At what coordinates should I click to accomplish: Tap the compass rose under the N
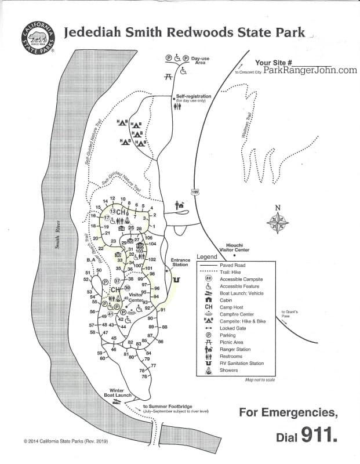[x=278, y=220]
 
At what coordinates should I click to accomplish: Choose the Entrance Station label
[x=180, y=262]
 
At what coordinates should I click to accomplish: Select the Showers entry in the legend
[x=228, y=370]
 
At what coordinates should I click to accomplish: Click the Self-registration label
[x=190, y=96]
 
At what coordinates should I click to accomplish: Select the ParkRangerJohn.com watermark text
[x=310, y=70]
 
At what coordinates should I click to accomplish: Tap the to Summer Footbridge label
[x=168, y=407]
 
